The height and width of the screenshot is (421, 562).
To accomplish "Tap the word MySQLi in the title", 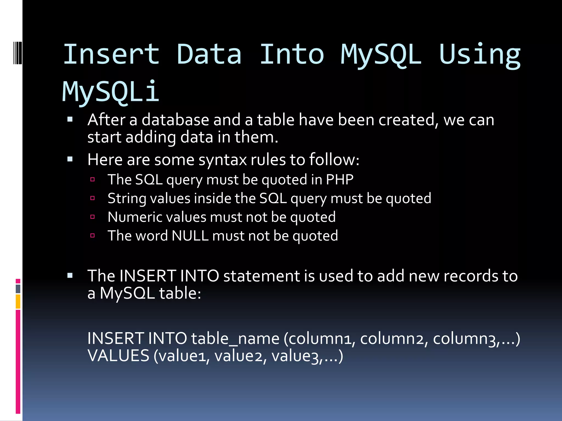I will tap(110, 92).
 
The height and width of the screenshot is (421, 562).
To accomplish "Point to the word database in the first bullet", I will tap(175, 120).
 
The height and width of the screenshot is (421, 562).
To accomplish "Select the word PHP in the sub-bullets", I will tap(339, 180).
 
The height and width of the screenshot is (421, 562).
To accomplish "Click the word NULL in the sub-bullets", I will tap(190, 236).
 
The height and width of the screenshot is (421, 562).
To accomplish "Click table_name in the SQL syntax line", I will tap(235, 338).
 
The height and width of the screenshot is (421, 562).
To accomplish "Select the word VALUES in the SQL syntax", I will tap(118, 356).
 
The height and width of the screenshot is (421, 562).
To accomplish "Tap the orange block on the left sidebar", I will tap(18, 301).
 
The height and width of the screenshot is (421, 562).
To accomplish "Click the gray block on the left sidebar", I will tap(18, 289).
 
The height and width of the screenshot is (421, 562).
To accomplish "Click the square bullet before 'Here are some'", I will tap(70, 159).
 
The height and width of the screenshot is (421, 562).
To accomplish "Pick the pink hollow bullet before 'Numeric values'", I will tap(92, 217).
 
